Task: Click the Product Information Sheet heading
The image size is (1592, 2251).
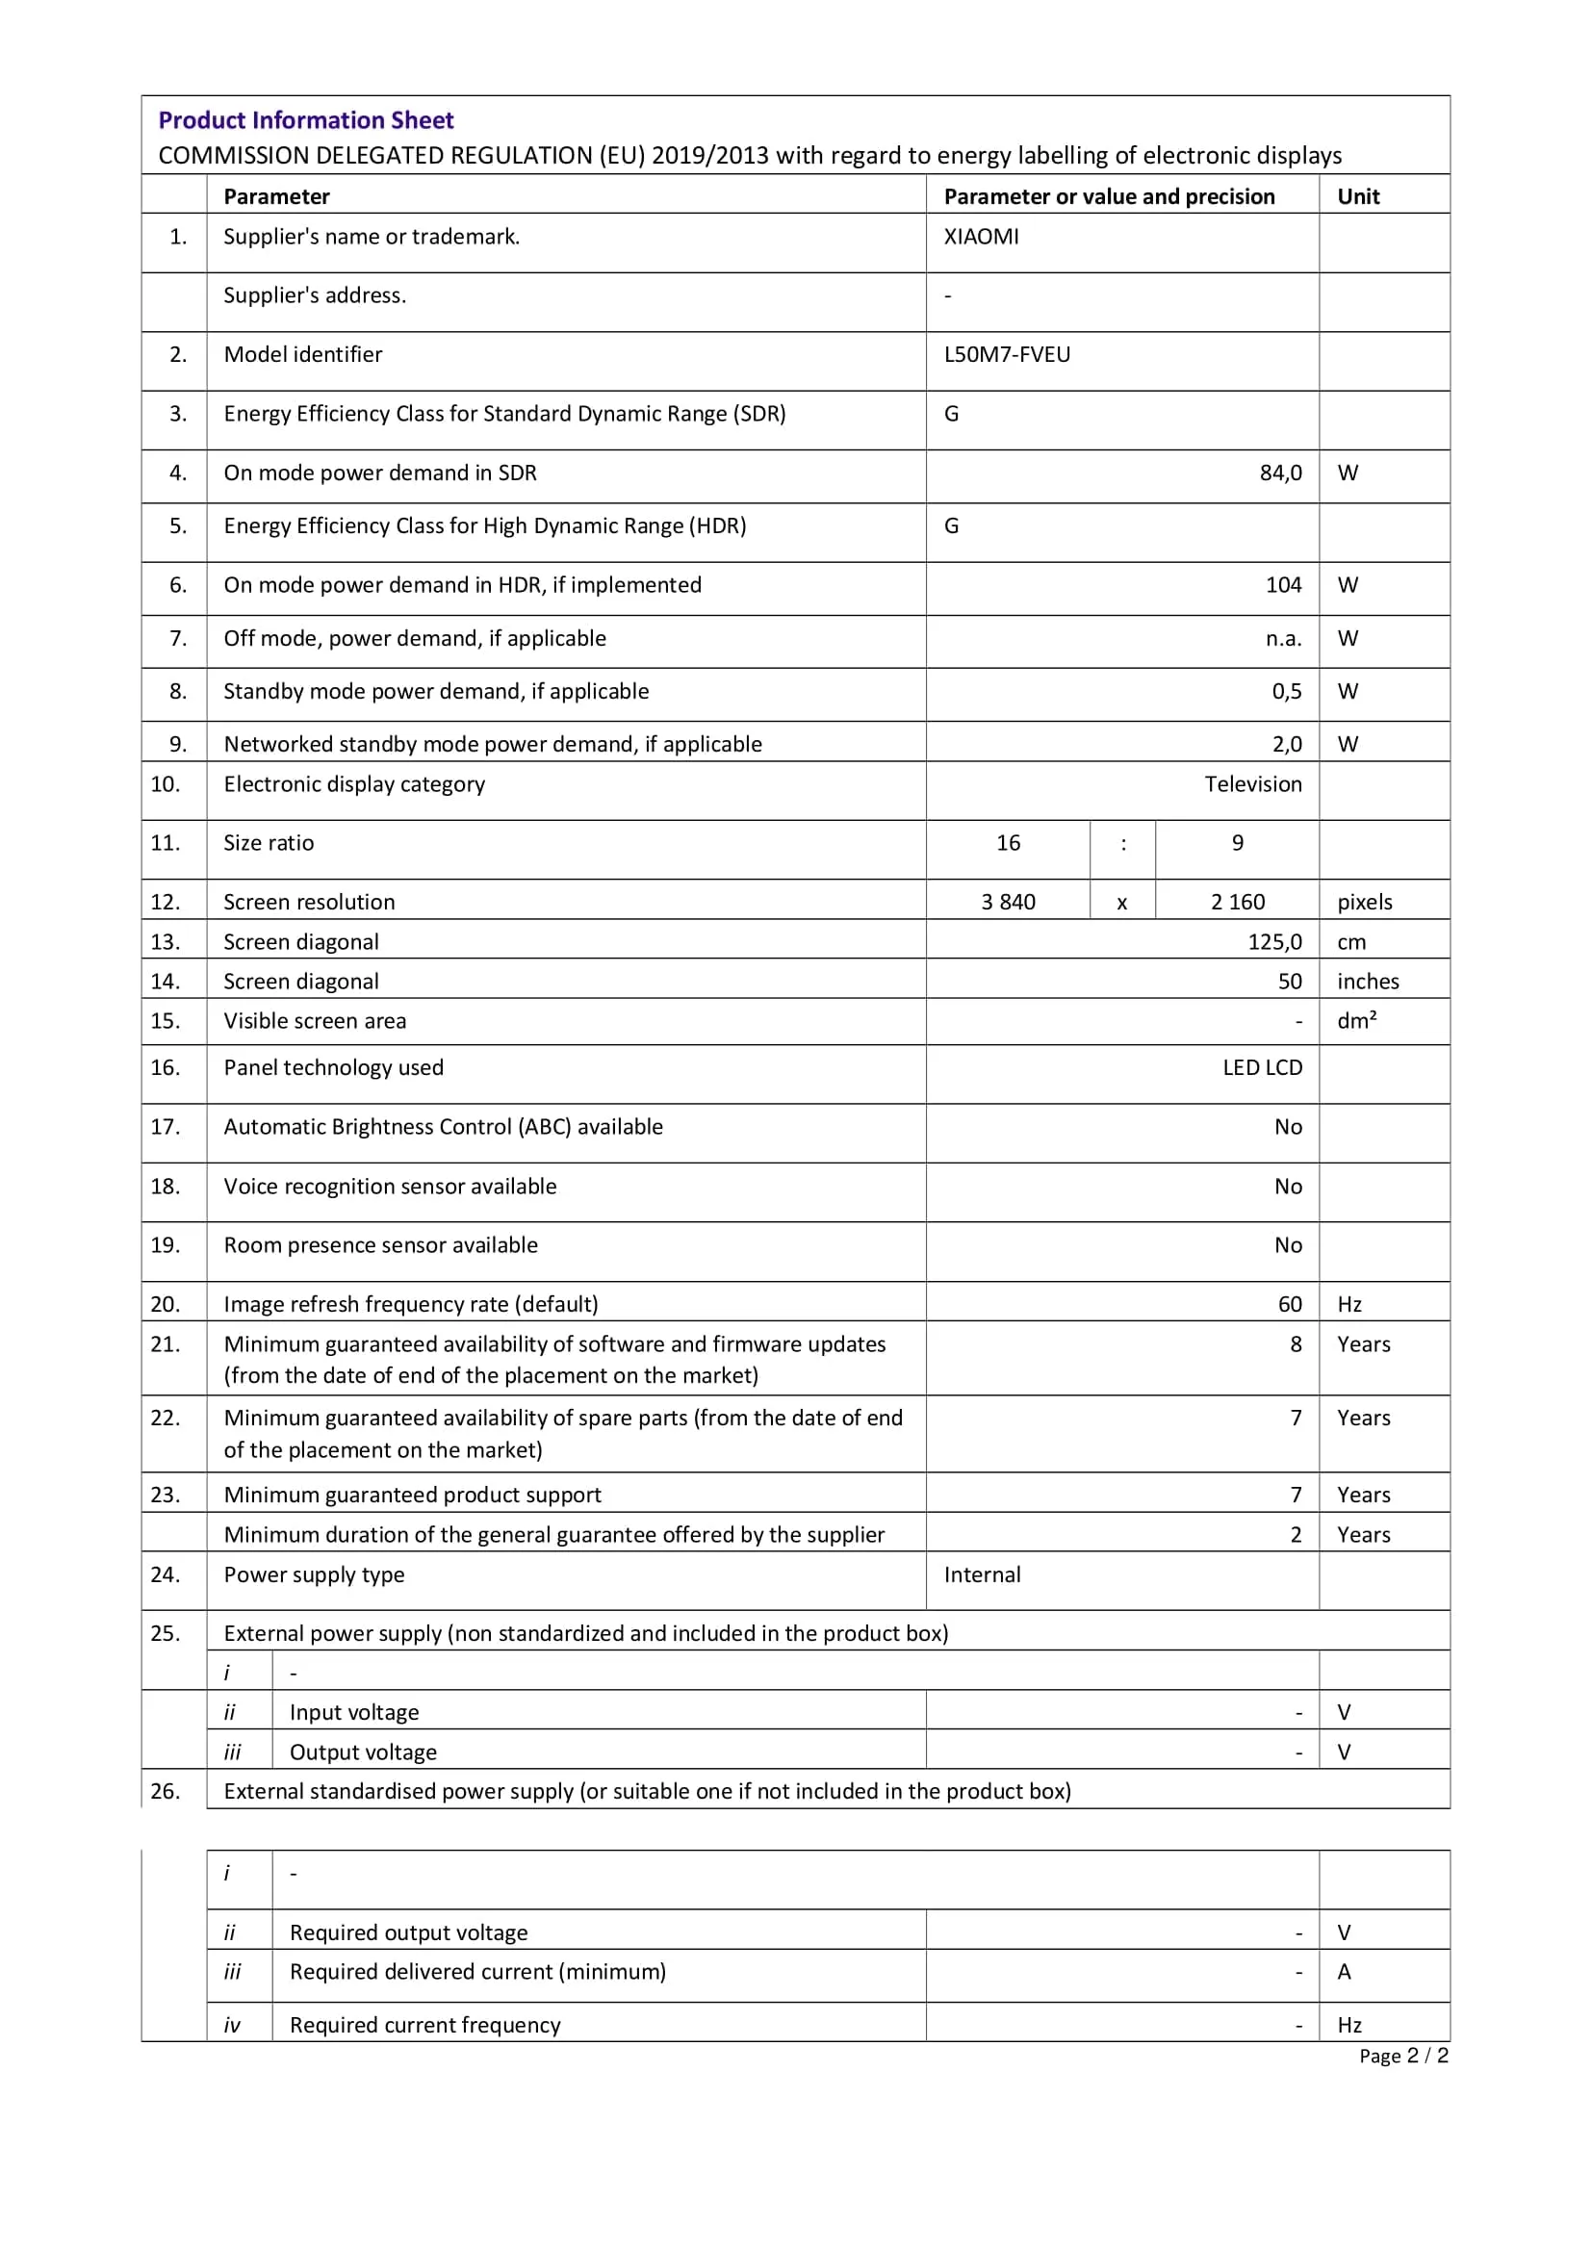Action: [x=306, y=120]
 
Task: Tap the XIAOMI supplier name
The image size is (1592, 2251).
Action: [x=981, y=238]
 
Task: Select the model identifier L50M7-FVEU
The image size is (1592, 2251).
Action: [x=1007, y=355]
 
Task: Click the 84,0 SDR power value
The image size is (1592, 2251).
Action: [x=1280, y=473]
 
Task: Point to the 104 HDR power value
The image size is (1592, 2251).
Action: [x=1283, y=585]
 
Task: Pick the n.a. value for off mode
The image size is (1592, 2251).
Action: [x=1283, y=639]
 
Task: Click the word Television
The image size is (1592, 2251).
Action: [x=1253, y=784]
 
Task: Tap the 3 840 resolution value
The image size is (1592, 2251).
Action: [x=1008, y=902]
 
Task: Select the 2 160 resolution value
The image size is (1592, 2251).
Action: [x=1237, y=902]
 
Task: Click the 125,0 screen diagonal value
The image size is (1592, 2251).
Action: [x=1274, y=942]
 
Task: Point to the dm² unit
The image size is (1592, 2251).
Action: [x=1357, y=1022]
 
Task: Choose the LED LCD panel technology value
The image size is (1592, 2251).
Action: [x=1262, y=1067]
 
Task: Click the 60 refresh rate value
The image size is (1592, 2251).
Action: [x=1289, y=1305]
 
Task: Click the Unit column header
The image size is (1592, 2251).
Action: [x=1358, y=197]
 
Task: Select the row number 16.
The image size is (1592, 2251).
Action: [x=166, y=1067]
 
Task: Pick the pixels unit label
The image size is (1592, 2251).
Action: [x=1365, y=902]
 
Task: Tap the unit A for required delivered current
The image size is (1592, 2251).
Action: [x=1344, y=1972]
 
